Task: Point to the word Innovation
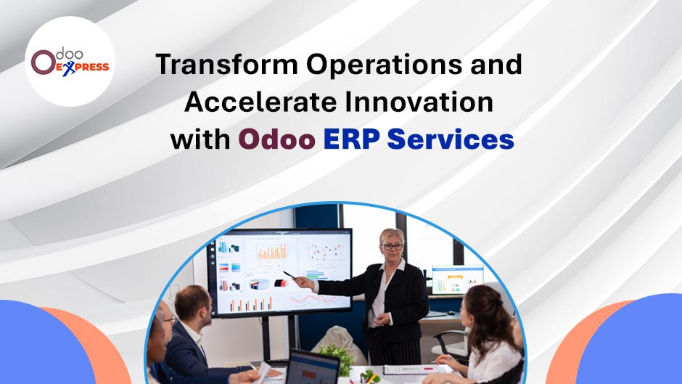[x=419, y=102]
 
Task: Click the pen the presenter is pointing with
[x=289, y=275]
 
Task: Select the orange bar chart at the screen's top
[x=272, y=253]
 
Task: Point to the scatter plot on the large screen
[x=323, y=251]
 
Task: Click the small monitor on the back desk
[x=457, y=279]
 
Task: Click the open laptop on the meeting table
[x=311, y=367]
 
